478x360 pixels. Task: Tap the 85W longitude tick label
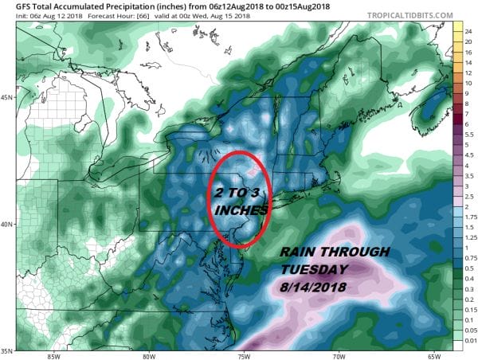tap(53, 356)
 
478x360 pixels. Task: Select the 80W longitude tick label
tap(148, 356)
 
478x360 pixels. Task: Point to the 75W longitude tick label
tap(243, 356)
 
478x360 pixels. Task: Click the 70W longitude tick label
tap(338, 356)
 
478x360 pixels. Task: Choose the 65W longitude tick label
tap(433, 356)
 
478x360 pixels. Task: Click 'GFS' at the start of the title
tap(14, 7)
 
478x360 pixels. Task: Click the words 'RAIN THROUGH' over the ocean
tap(334, 252)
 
